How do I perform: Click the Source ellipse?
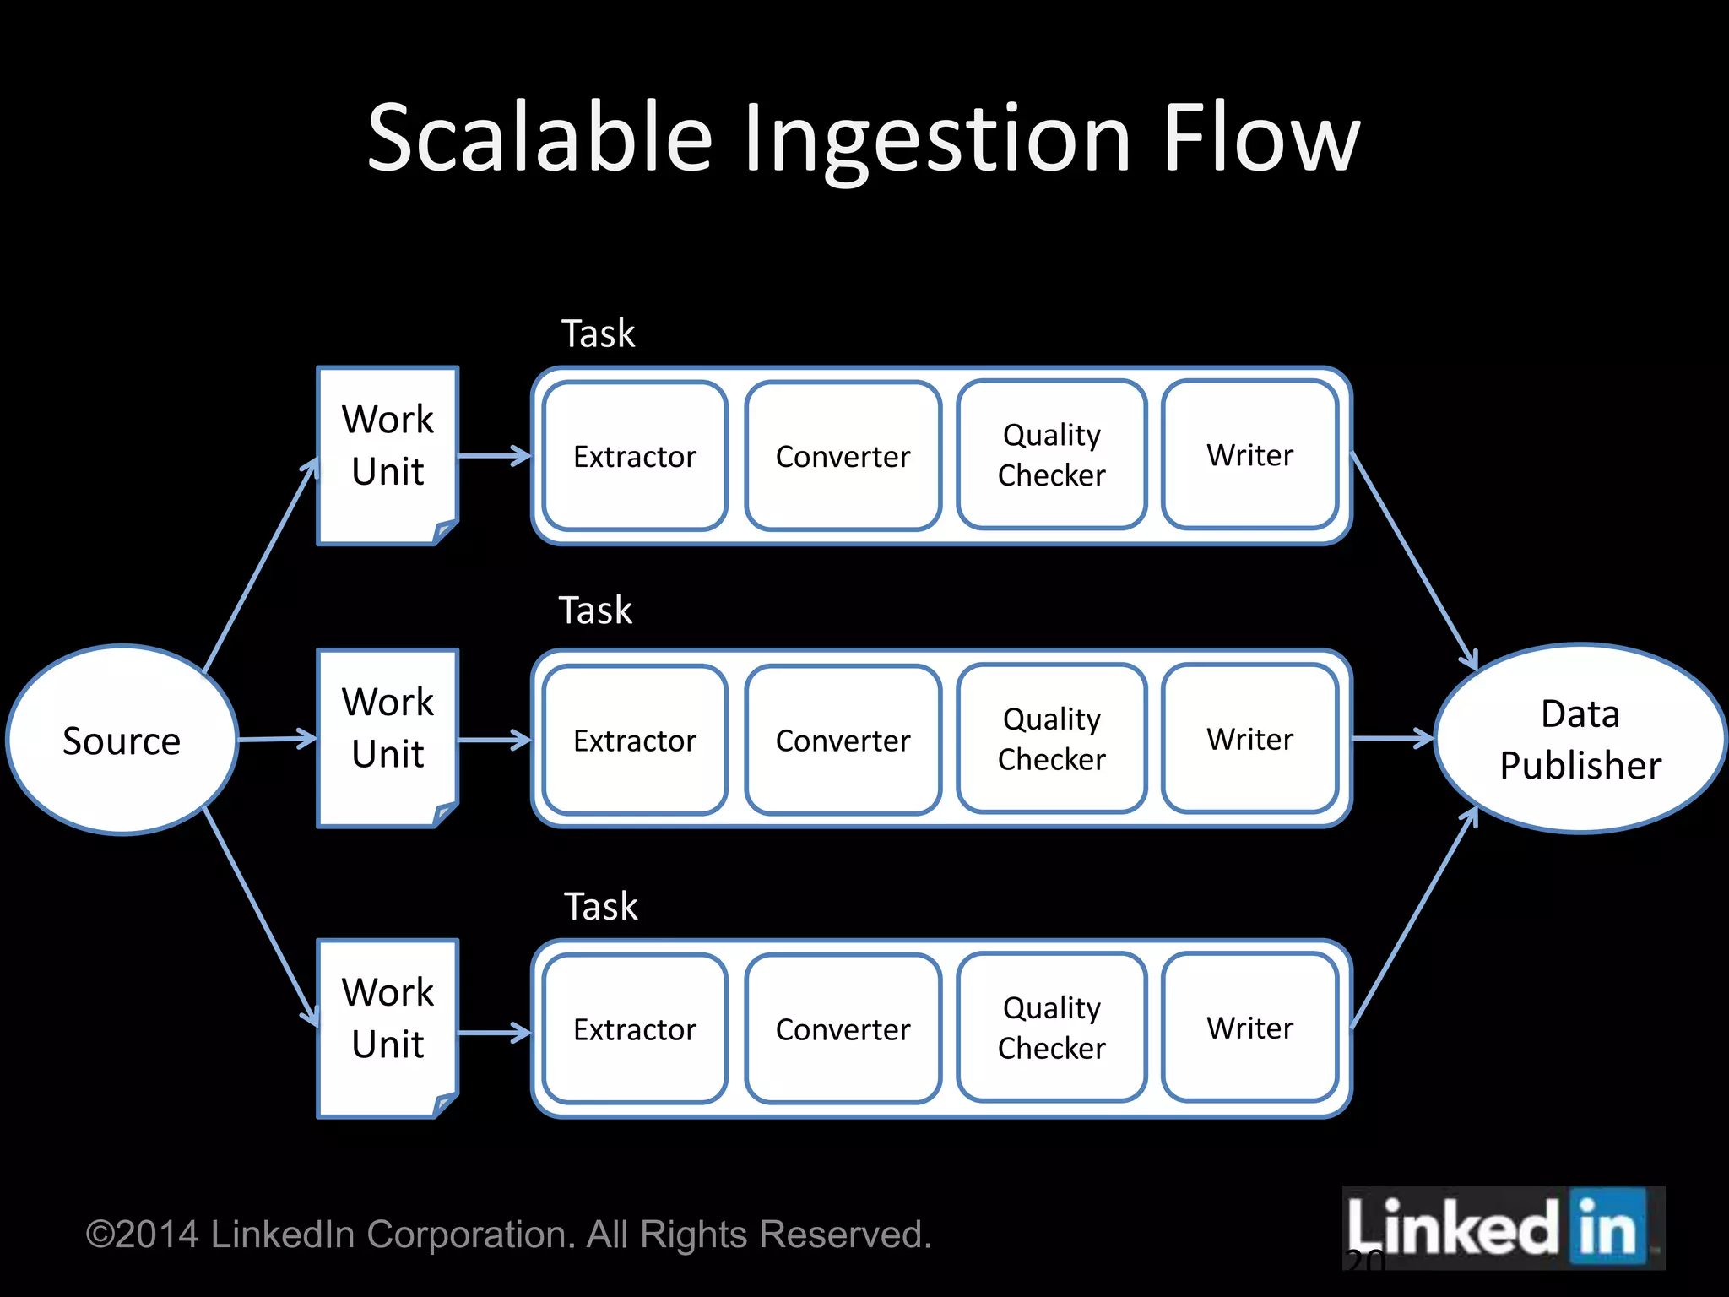coord(122,741)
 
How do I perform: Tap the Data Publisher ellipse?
coord(1580,740)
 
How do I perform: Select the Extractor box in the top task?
coord(635,456)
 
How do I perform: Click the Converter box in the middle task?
coord(843,741)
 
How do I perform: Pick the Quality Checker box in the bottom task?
coord(1051,1028)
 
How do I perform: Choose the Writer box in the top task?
coord(1249,455)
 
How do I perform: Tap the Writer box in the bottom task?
coord(1249,1028)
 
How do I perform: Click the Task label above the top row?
coord(598,334)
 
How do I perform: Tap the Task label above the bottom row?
coord(600,907)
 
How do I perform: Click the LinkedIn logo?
coord(1503,1228)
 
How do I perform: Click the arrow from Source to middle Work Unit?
coord(277,740)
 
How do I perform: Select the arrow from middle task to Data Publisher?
coord(1393,739)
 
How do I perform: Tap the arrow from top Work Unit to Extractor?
coord(495,456)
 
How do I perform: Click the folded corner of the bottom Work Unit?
coord(445,1104)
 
